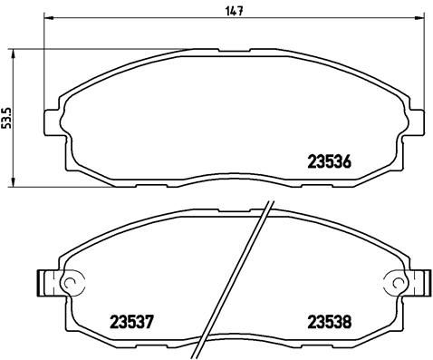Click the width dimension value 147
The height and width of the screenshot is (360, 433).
[x=235, y=11]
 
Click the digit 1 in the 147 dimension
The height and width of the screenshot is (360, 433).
[x=226, y=11]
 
